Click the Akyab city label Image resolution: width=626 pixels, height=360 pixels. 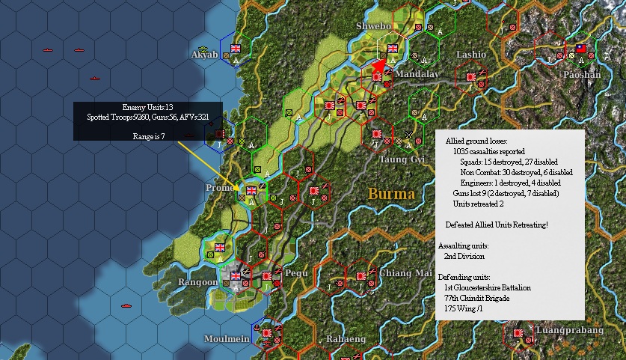(x=203, y=55)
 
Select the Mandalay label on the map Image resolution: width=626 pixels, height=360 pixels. (x=417, y=75)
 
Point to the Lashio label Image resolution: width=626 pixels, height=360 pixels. (x=471, y=55)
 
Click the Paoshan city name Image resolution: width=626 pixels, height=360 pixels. (x=581, y=75)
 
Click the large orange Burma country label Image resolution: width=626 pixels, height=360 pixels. (x=391, y=194)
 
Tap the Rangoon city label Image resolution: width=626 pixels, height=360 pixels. (x=197, y=282)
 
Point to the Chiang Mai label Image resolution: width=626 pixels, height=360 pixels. (x=406, y=272)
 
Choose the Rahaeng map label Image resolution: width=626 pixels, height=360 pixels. (x=346, y=339)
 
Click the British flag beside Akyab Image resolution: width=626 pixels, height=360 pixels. (x=236, y=49)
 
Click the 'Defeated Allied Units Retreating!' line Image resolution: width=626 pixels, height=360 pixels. (x=497, y=225)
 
